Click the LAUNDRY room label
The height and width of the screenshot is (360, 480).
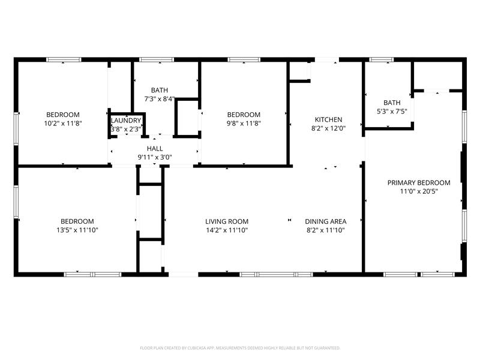click(126, 121)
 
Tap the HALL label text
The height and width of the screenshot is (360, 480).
click(155, 149)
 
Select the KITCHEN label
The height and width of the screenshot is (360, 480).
click(328, 119)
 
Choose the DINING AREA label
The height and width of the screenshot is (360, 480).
click(325, 221)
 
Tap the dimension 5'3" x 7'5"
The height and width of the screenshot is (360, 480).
click(392, 111)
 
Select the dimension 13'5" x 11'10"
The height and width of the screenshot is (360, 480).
click(77, 230)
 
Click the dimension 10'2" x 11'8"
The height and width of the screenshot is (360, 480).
click(63, 123)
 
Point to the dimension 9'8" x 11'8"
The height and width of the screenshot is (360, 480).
click(243, 123)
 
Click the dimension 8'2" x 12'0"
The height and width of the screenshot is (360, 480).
click(328, 128)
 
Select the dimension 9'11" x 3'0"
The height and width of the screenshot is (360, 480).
click(155, 157)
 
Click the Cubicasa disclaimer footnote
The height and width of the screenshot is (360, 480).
click(240, 347)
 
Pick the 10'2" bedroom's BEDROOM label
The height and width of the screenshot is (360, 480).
click(63, 115)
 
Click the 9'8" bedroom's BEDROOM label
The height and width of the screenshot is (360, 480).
click(243, 115)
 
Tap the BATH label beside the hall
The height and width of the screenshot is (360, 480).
click(159, 90)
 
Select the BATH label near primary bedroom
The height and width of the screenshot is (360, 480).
click(392, 103)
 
